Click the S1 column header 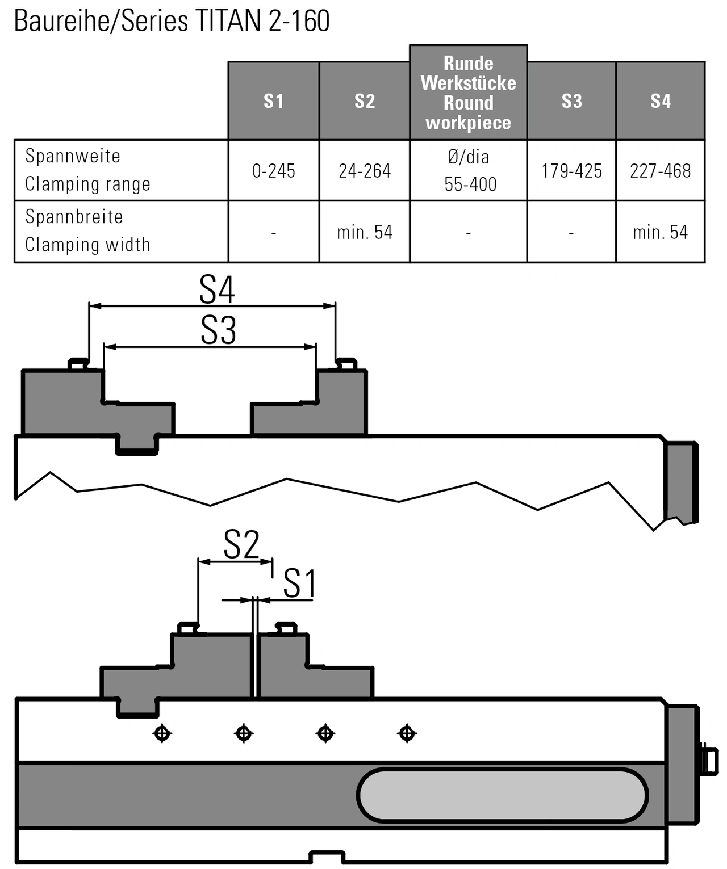pyautogui.click(x=273, y=101)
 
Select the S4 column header pyautogui.click(x=660, y=101)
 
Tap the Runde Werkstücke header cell pyautogui.click(x=468, y=93)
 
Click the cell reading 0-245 pyautogui.click(x=273, y=171)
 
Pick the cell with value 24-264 pyautogui.click(x=364, y=171)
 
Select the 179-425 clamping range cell pyautogui.click(x=571, y=171)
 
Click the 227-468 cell pyautogui.click(x=660, y=171)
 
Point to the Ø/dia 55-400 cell pyautogui.click(x=468, y=170)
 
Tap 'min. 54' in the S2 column pyautogui.click(x=364, y=232)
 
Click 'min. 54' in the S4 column pyautogui.click(x=660, y=232)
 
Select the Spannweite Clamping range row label pyautogui.click(x=87, y=170)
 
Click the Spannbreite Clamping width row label pyautogui.click(x=87, y=230)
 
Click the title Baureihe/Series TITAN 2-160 pyautogui.click(x=172, y=21)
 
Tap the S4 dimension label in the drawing pyautogui.click(x=216, y=289)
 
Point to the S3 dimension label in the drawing pyautogui.click(x=218, y=330)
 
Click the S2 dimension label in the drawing pyautogui.click(x=241, y=545)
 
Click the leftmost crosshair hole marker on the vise pyautogui.click(x=162, y=733)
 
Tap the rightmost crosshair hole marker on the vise pyautogui.click(x=407, y=733)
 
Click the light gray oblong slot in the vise pyautogui.click(x=502, y=795)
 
